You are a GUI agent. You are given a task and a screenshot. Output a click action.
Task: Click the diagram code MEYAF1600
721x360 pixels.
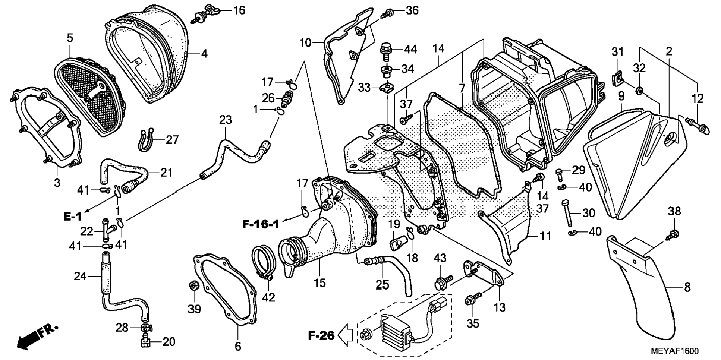click(675, 351)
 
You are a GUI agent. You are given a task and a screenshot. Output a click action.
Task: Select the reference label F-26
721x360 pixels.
click(321, 335)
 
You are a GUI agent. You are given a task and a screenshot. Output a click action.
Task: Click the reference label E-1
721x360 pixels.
click(72, 217)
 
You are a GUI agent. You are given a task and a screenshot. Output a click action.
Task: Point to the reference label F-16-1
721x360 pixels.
click(261, 224)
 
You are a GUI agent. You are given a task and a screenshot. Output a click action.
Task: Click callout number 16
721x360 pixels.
click(239, 10)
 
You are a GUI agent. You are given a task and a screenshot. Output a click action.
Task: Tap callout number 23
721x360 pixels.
click(225, 120)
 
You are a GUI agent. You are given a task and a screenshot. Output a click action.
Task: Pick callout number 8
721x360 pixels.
click(687, 287)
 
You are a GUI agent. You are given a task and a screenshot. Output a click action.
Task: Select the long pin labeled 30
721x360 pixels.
click(568, 214)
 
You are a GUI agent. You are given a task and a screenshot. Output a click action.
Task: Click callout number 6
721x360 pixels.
click(238, 346)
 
